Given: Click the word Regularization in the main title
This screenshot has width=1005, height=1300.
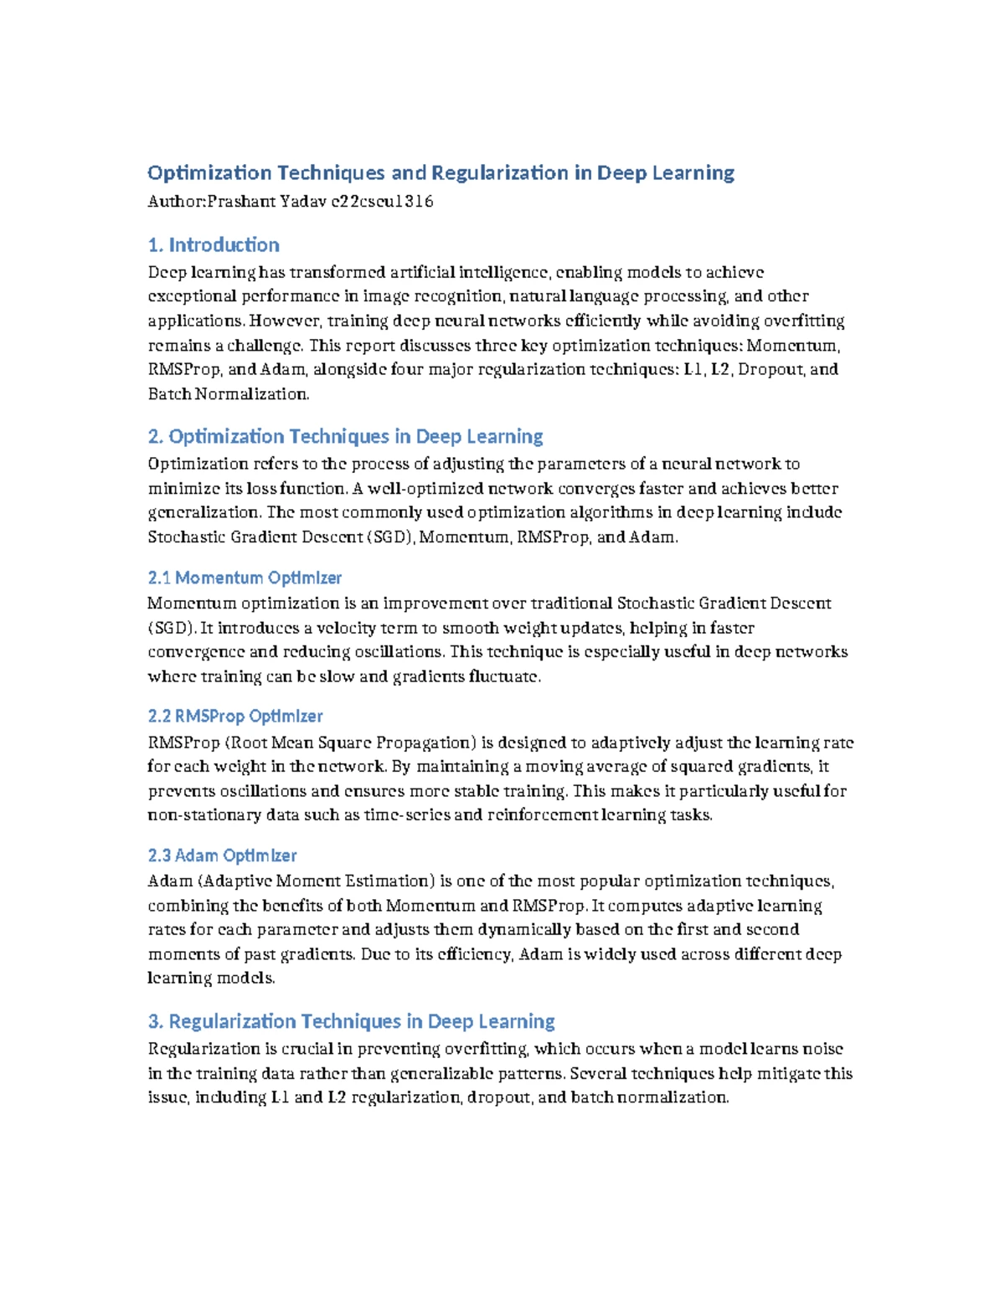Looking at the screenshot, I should pyautogui.click(x=500, y=172).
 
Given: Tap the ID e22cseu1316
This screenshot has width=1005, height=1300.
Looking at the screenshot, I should pyautogui.click(x=383, y=201).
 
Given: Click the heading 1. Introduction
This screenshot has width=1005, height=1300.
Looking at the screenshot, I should pyautogui.click(x=214, y=244).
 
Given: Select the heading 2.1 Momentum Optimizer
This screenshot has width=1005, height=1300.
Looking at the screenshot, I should pyautogui.click(x=245, y=578).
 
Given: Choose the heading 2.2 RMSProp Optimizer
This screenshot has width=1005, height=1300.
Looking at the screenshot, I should pyautogui.click(x=235, y=716).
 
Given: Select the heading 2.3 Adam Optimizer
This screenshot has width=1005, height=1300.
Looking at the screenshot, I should pyautogui.click(x=222, y=856).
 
